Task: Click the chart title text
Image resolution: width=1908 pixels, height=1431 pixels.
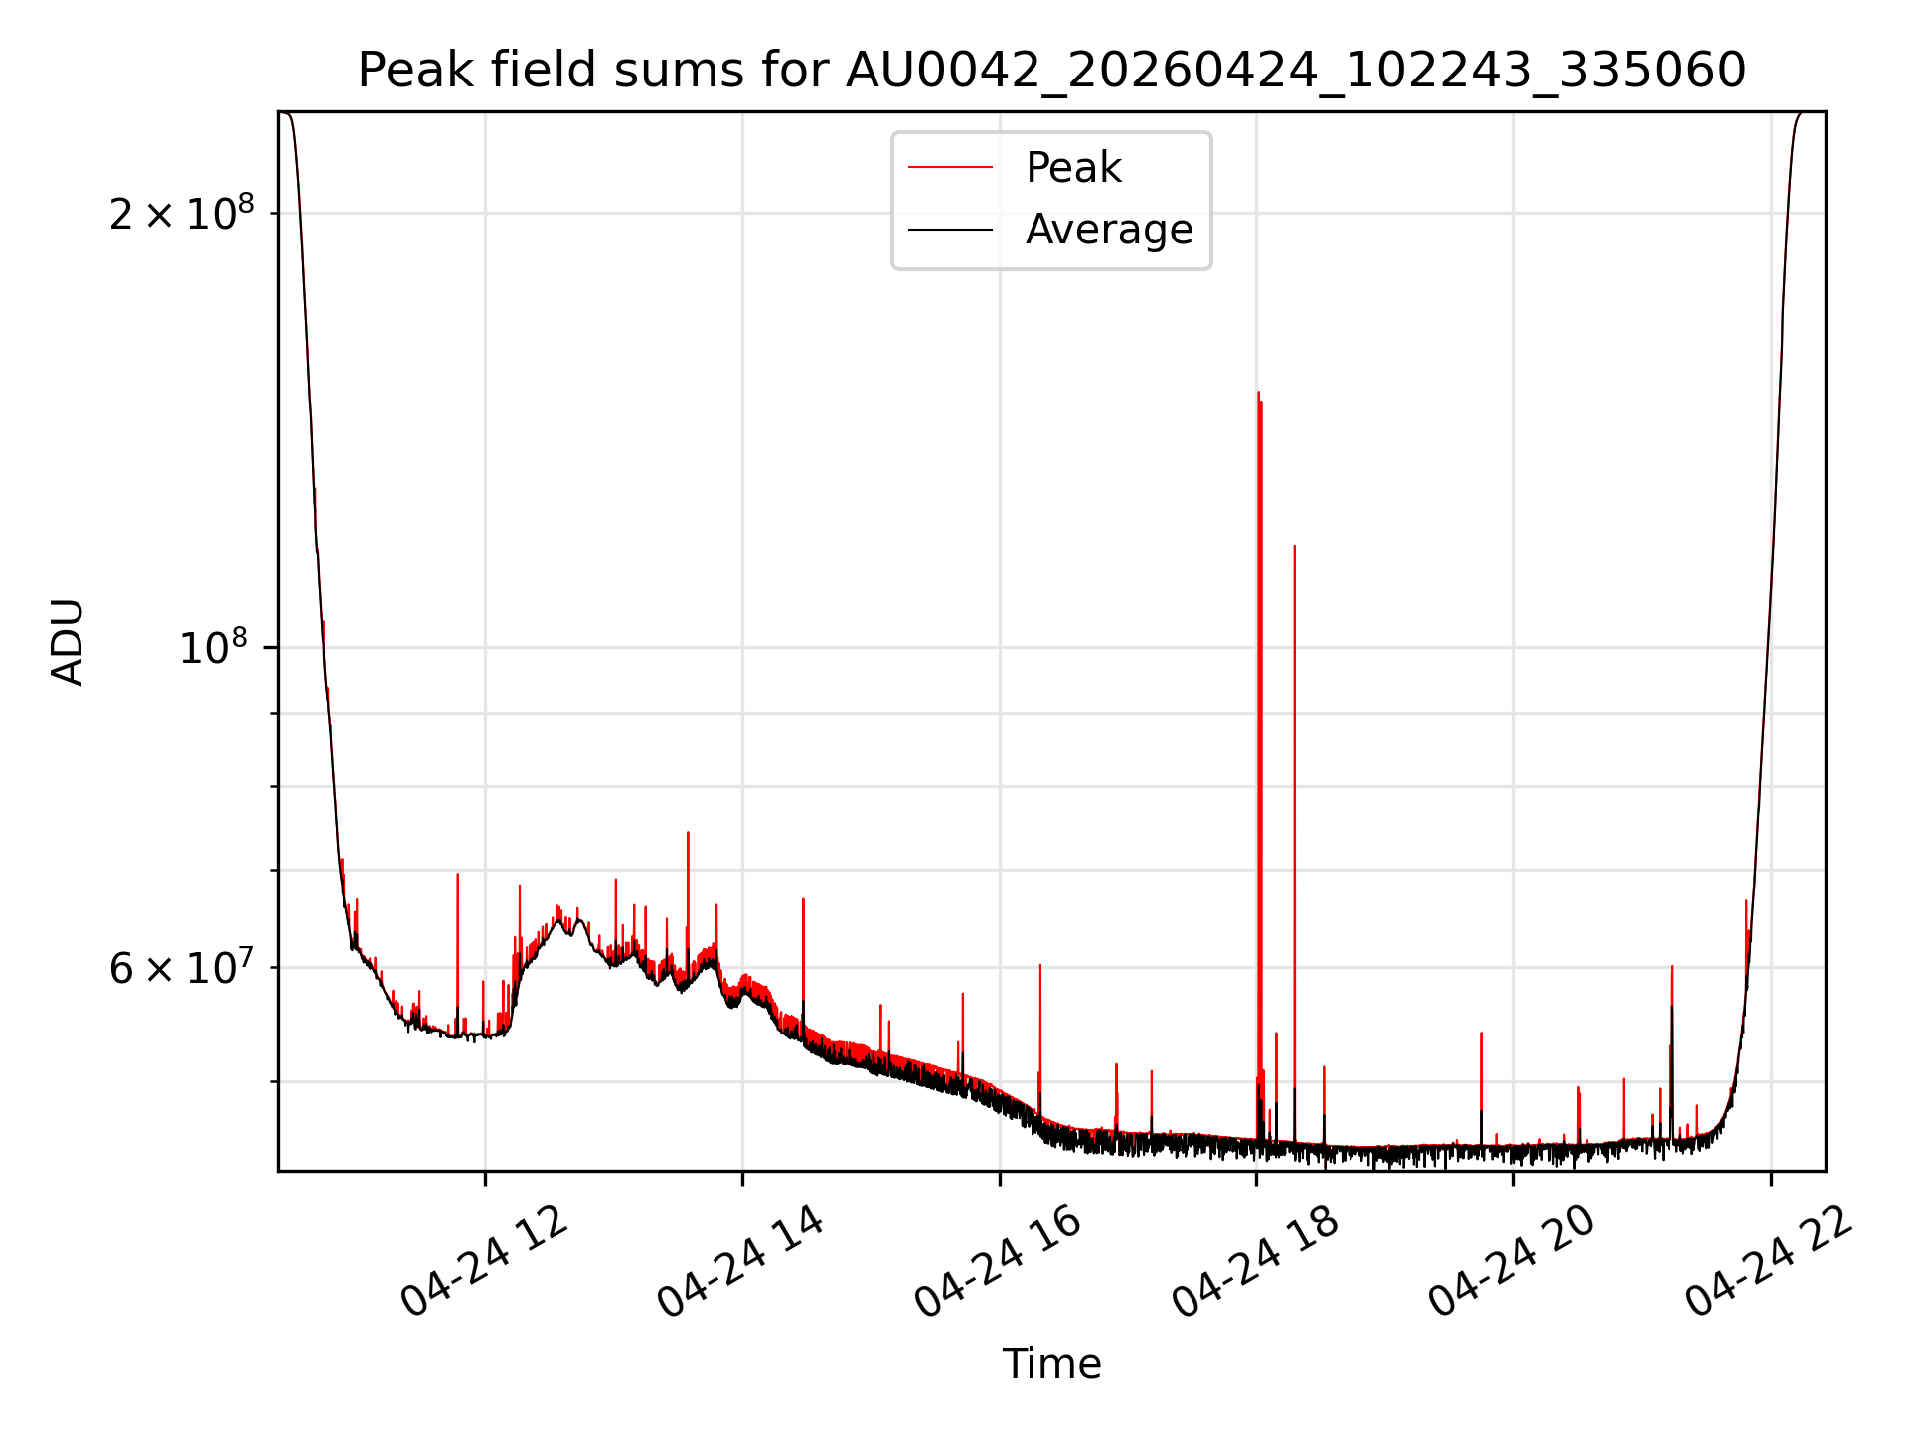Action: click(1051, 70)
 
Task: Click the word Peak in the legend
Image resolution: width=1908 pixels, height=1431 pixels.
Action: click(1073, 167)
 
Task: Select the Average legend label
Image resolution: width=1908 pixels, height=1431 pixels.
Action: click(1109, 230)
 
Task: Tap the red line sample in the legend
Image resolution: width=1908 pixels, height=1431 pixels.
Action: click(950, 167)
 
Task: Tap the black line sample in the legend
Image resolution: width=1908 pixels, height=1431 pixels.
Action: click(950, 230)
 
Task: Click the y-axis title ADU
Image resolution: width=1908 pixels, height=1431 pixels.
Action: click(68, 642)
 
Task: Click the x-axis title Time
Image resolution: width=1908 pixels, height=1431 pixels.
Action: click(1051, 1363)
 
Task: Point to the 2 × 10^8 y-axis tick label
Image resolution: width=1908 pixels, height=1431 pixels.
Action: click(182, 213)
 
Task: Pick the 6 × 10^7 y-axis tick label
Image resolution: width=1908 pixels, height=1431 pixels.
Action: click(182, 967)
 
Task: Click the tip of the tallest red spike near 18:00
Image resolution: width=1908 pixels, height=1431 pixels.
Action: click(1258, 392)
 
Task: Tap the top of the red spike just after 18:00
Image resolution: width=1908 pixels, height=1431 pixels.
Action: click(1294, 545)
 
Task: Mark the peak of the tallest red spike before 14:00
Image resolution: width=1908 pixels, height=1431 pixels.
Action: click(688, 832)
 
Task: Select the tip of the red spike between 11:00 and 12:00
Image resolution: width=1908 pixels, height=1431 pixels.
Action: click(457, 873)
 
